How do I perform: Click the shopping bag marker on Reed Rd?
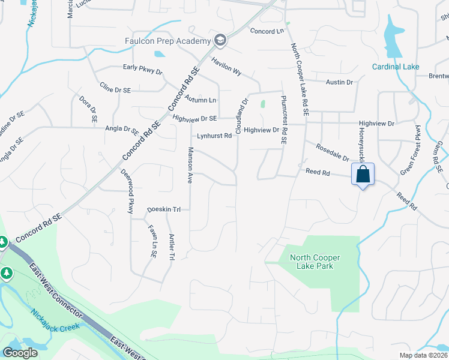click(363, 175)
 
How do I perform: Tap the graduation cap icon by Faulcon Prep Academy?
click(220, 40)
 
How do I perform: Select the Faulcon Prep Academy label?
click(168, 41)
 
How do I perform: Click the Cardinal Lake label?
click(396, 67)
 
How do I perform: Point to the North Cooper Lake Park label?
click(315, 262)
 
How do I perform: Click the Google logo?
click(20, 353)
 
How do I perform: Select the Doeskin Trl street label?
click(164, 209)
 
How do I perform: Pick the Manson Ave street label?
click(190, 165)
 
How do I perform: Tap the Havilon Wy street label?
click(226, 66)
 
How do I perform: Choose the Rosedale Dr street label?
click(328, 152)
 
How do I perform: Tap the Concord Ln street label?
click(267, 31)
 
